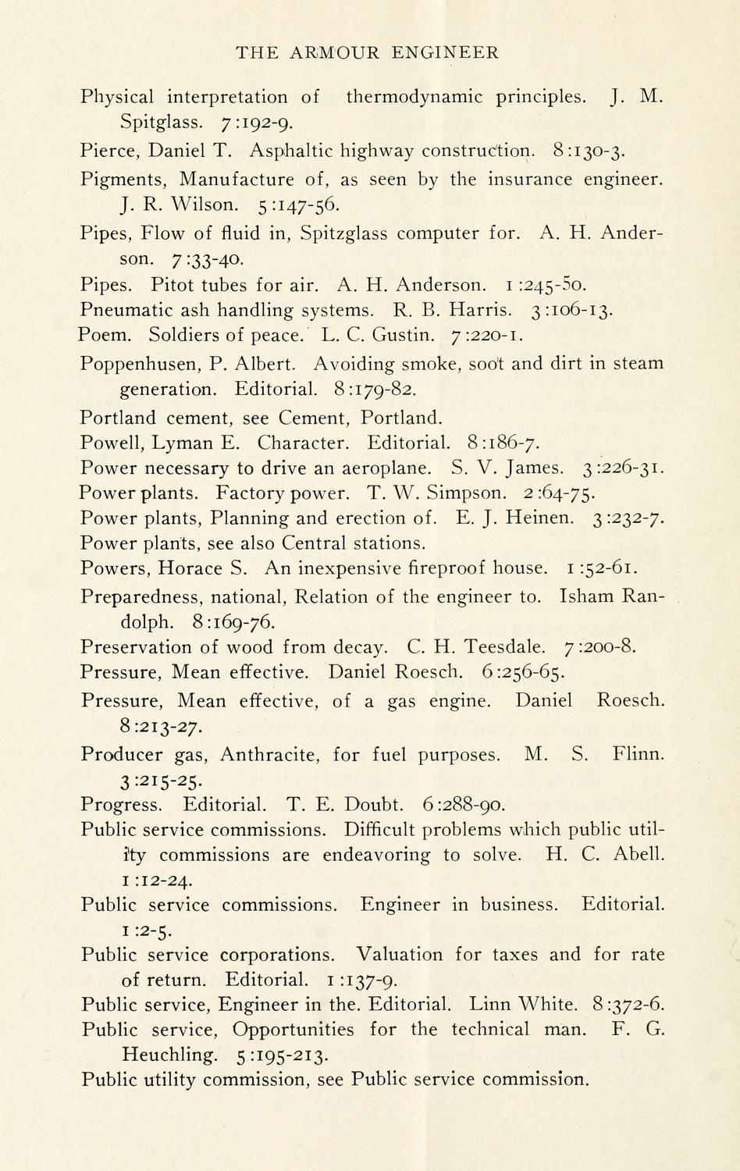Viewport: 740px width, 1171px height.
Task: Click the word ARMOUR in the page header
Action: [x=335, y=52]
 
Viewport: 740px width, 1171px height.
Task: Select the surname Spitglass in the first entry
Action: [x=162, y=122]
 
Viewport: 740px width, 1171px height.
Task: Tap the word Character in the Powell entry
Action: [x=303, y=443]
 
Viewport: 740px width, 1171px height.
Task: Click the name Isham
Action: [x=586, y=597]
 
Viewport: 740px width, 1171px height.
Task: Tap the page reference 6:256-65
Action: [x=524, y=672]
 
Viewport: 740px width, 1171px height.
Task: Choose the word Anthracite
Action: [x=268, y=754]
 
